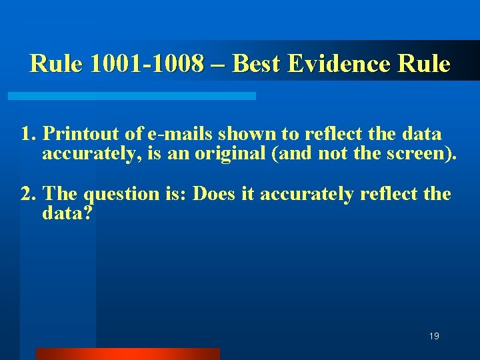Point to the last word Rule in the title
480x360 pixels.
tap(425, 64)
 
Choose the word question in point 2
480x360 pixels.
tap(122, 195)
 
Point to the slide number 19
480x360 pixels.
tap(434, 337)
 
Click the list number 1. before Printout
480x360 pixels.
tap(28, 134)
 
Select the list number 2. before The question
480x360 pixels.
tap(28, 194)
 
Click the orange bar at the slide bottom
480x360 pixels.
tap(127, 354)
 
